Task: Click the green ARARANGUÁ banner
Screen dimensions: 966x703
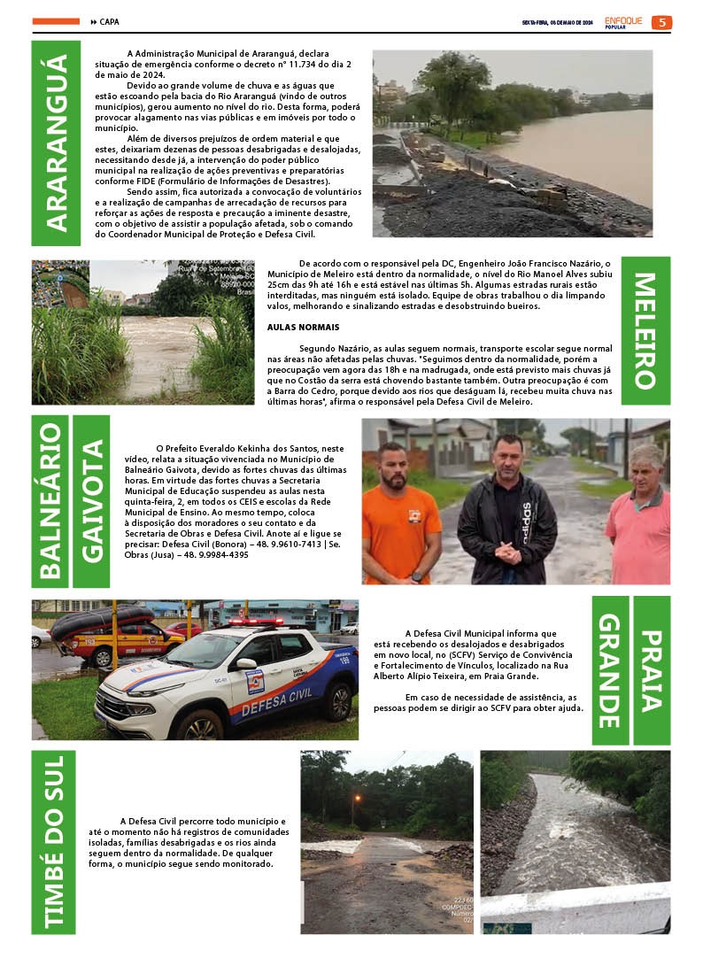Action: click(56, 143)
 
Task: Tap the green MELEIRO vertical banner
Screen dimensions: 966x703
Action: click(645, 330)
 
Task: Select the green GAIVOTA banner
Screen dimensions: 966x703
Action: click(91, 501)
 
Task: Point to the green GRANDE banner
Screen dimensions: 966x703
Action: click(610, 669)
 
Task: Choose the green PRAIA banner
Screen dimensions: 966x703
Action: click(652, 669)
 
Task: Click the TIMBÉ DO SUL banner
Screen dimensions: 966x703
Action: click(54, 841)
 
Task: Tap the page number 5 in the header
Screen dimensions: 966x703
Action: click(661, 22)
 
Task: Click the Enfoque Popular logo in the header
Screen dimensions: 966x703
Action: click(623, 22)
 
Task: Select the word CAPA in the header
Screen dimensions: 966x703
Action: click(109, 22)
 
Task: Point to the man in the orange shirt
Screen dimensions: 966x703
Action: click(401, 518)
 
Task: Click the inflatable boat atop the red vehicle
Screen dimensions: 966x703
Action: click(102, 622)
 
